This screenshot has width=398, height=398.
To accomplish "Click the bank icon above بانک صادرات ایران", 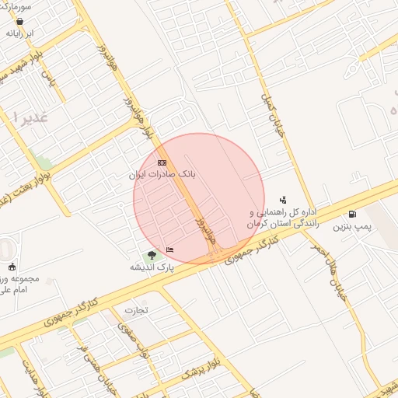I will click(162, 162).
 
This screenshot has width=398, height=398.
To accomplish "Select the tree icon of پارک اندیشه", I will click(152, 255).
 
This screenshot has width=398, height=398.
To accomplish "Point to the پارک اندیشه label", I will click(152, 267).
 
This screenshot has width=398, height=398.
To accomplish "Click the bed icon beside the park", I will click(169, 250).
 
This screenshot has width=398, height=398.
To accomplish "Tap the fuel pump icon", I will click(353, 215).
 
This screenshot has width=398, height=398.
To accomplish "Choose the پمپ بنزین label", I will click(349, 227).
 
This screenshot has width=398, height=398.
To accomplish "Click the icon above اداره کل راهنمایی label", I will click(282, 200).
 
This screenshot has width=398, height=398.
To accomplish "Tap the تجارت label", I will click(136, 310).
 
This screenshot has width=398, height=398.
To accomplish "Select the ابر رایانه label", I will click(20, 34).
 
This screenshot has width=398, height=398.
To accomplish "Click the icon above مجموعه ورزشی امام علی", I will click(12, 267).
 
